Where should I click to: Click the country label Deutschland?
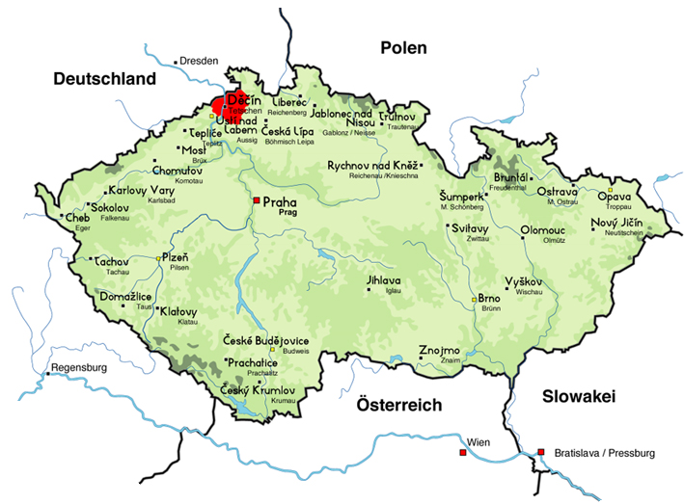coord(104,78)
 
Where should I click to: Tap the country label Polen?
coord(408,48)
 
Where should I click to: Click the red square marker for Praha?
coord(257,200)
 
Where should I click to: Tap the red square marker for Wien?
coord(462,451)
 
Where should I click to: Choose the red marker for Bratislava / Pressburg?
coord(542,451)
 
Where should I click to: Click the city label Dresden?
coord(199,61)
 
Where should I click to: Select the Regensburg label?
coord(79,368)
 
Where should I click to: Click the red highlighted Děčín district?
coord(228,104)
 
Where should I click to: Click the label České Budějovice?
coord(265,341)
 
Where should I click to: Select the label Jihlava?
coord(382,280)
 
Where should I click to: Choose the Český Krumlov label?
coord(257,389)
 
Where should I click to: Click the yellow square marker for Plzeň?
coord(160,258)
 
